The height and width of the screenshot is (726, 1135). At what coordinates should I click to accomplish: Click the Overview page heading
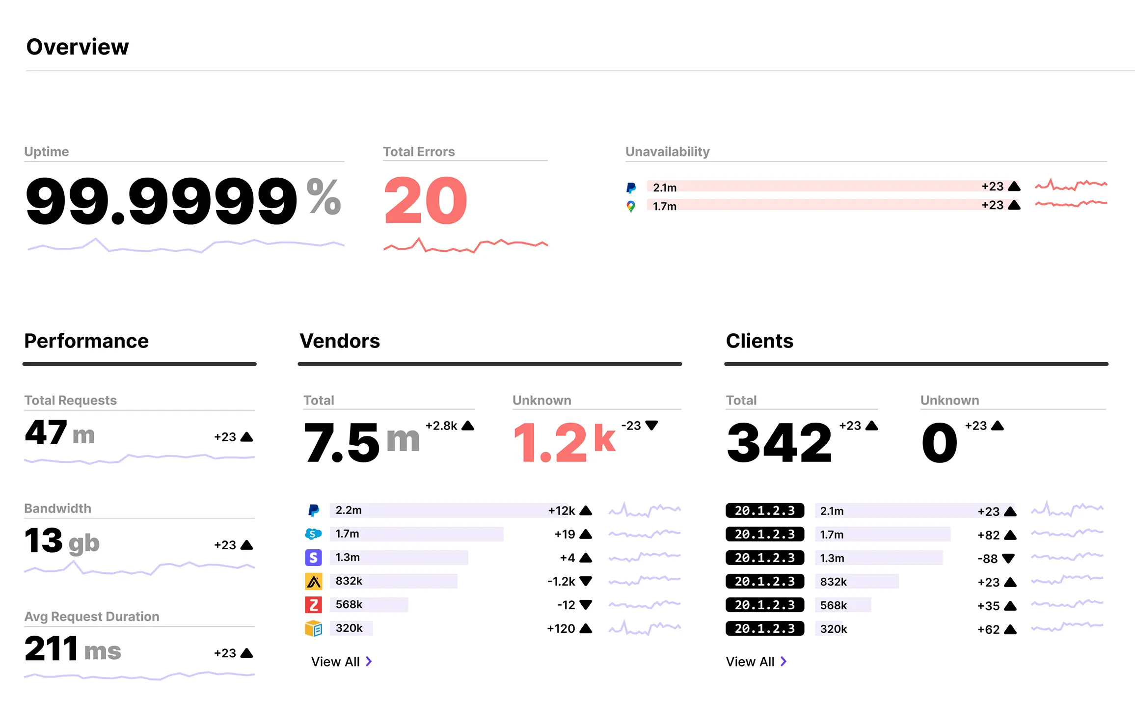pos(78,47)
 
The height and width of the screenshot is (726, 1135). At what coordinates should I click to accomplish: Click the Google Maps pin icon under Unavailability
pos(631,206)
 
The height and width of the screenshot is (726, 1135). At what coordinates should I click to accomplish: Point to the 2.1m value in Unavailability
pos(665,188)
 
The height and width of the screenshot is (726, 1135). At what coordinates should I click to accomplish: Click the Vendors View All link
pos(341,662)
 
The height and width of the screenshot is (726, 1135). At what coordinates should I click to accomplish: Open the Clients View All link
pos(756,662)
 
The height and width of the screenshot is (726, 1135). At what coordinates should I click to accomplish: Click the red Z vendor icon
pos(313,605)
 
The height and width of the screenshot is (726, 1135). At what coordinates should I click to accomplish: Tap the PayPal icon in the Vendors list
pos(313,511)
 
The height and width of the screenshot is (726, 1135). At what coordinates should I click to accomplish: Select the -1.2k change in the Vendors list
pos(561,581)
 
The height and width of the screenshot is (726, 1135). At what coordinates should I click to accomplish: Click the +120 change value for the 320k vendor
pos(561,628)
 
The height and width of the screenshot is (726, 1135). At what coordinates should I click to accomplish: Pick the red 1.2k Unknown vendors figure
pos(564,442)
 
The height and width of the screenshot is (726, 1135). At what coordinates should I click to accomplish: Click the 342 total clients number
pos(779,443)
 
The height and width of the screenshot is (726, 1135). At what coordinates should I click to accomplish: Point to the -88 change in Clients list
pos(987,559)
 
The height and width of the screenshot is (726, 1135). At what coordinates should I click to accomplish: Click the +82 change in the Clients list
pos(988,535)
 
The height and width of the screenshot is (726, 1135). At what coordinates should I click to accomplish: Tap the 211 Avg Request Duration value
pos(52,649)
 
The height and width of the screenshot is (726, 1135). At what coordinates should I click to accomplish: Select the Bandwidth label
pos(57,509)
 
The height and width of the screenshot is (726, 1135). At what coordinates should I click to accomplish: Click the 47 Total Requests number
pos(46,433)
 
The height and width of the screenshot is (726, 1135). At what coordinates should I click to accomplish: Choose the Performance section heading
pos(86,341)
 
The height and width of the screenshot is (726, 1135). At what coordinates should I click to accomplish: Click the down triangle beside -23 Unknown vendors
pos(651,425)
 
